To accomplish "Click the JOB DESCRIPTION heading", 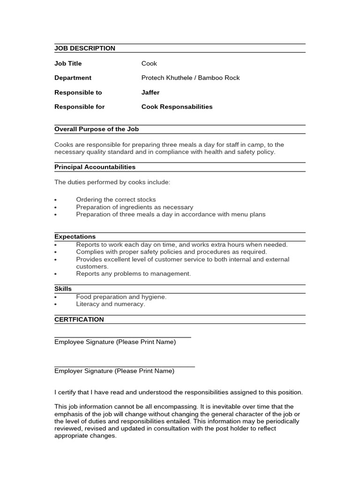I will pyautogui.click(x=84, y=48).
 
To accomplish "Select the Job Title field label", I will pyautogui.click(x=74, y=63).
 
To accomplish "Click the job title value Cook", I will pyautogui.click(x=149, y=63).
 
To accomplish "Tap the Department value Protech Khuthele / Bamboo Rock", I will pyautogui.click(x=190, y=78).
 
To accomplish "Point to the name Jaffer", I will pyautogui.click(x=150, y=92).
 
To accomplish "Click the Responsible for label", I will pyautogui.click(x=79, y=107).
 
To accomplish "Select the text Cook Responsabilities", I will pyautogui.click(x=177, y=107).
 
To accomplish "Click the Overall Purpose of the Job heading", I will pyautogui.click(x=97, y=129).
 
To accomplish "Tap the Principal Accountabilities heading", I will pyautogui.click(x=95, y=167).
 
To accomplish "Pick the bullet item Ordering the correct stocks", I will pyautogui.click(x=116, y=200).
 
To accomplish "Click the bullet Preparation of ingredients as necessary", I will pyautogui.click(x=135, y=207).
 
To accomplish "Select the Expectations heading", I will pyautogui.click(x=75, y=237).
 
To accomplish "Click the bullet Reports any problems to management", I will pyautogui.click(x=133, y=274).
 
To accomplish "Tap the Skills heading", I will pyautogui.click(x=63, y=289).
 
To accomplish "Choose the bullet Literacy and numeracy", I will pyautogui.click(x=111, y=304).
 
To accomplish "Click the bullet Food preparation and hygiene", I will pyautogui.click(x=121, y=297).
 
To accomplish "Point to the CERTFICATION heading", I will pyautogui.click(x=79, y=319).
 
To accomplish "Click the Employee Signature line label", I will pyautogui.click(x=115, y=342).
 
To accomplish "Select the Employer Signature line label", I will pyautogui.click(x=114, y=371).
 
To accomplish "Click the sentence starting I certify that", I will pyautogui.click(x=178, y=392).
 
